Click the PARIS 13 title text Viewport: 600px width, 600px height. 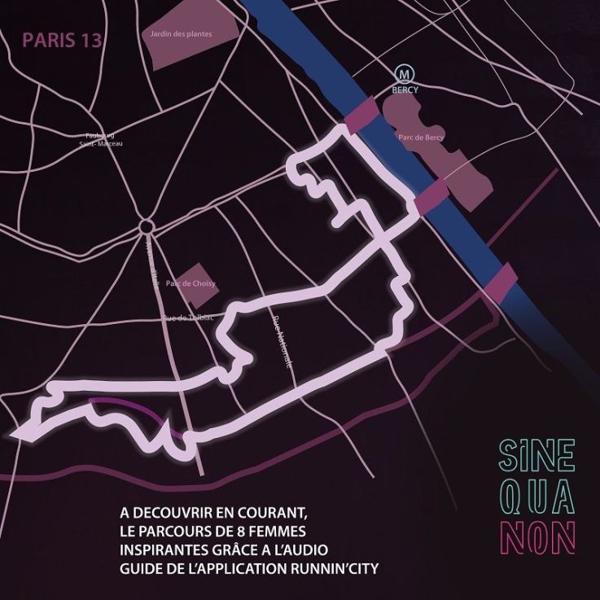click(63, 41)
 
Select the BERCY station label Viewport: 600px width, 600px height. click(405, 90)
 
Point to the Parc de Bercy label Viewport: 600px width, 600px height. click(421, 138)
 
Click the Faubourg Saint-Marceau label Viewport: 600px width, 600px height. click(100, 140)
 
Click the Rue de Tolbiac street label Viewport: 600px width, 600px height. click(187, 317)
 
